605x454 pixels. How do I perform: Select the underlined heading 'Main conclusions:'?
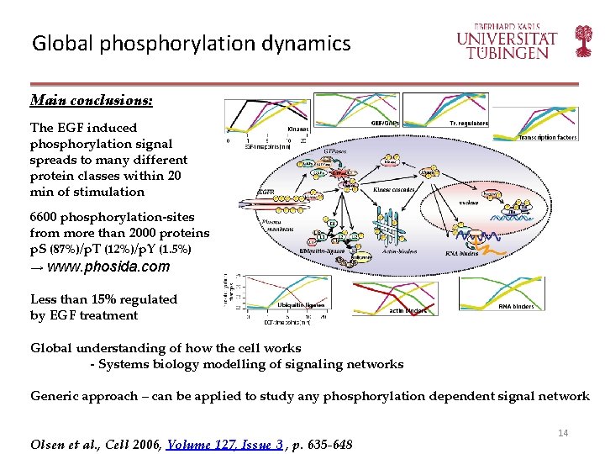(92, 101)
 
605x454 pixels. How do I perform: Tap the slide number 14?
(563, 433)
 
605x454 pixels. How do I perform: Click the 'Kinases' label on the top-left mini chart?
(298, 129)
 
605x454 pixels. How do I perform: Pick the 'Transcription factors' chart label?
(548, 137)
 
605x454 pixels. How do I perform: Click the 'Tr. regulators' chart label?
(469, 124)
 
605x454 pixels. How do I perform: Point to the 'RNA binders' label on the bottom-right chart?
(516, 307)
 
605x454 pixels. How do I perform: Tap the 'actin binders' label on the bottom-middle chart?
(408, 310)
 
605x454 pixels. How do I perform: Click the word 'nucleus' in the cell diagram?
(469, 202)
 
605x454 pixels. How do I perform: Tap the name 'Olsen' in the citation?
(48, 444)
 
